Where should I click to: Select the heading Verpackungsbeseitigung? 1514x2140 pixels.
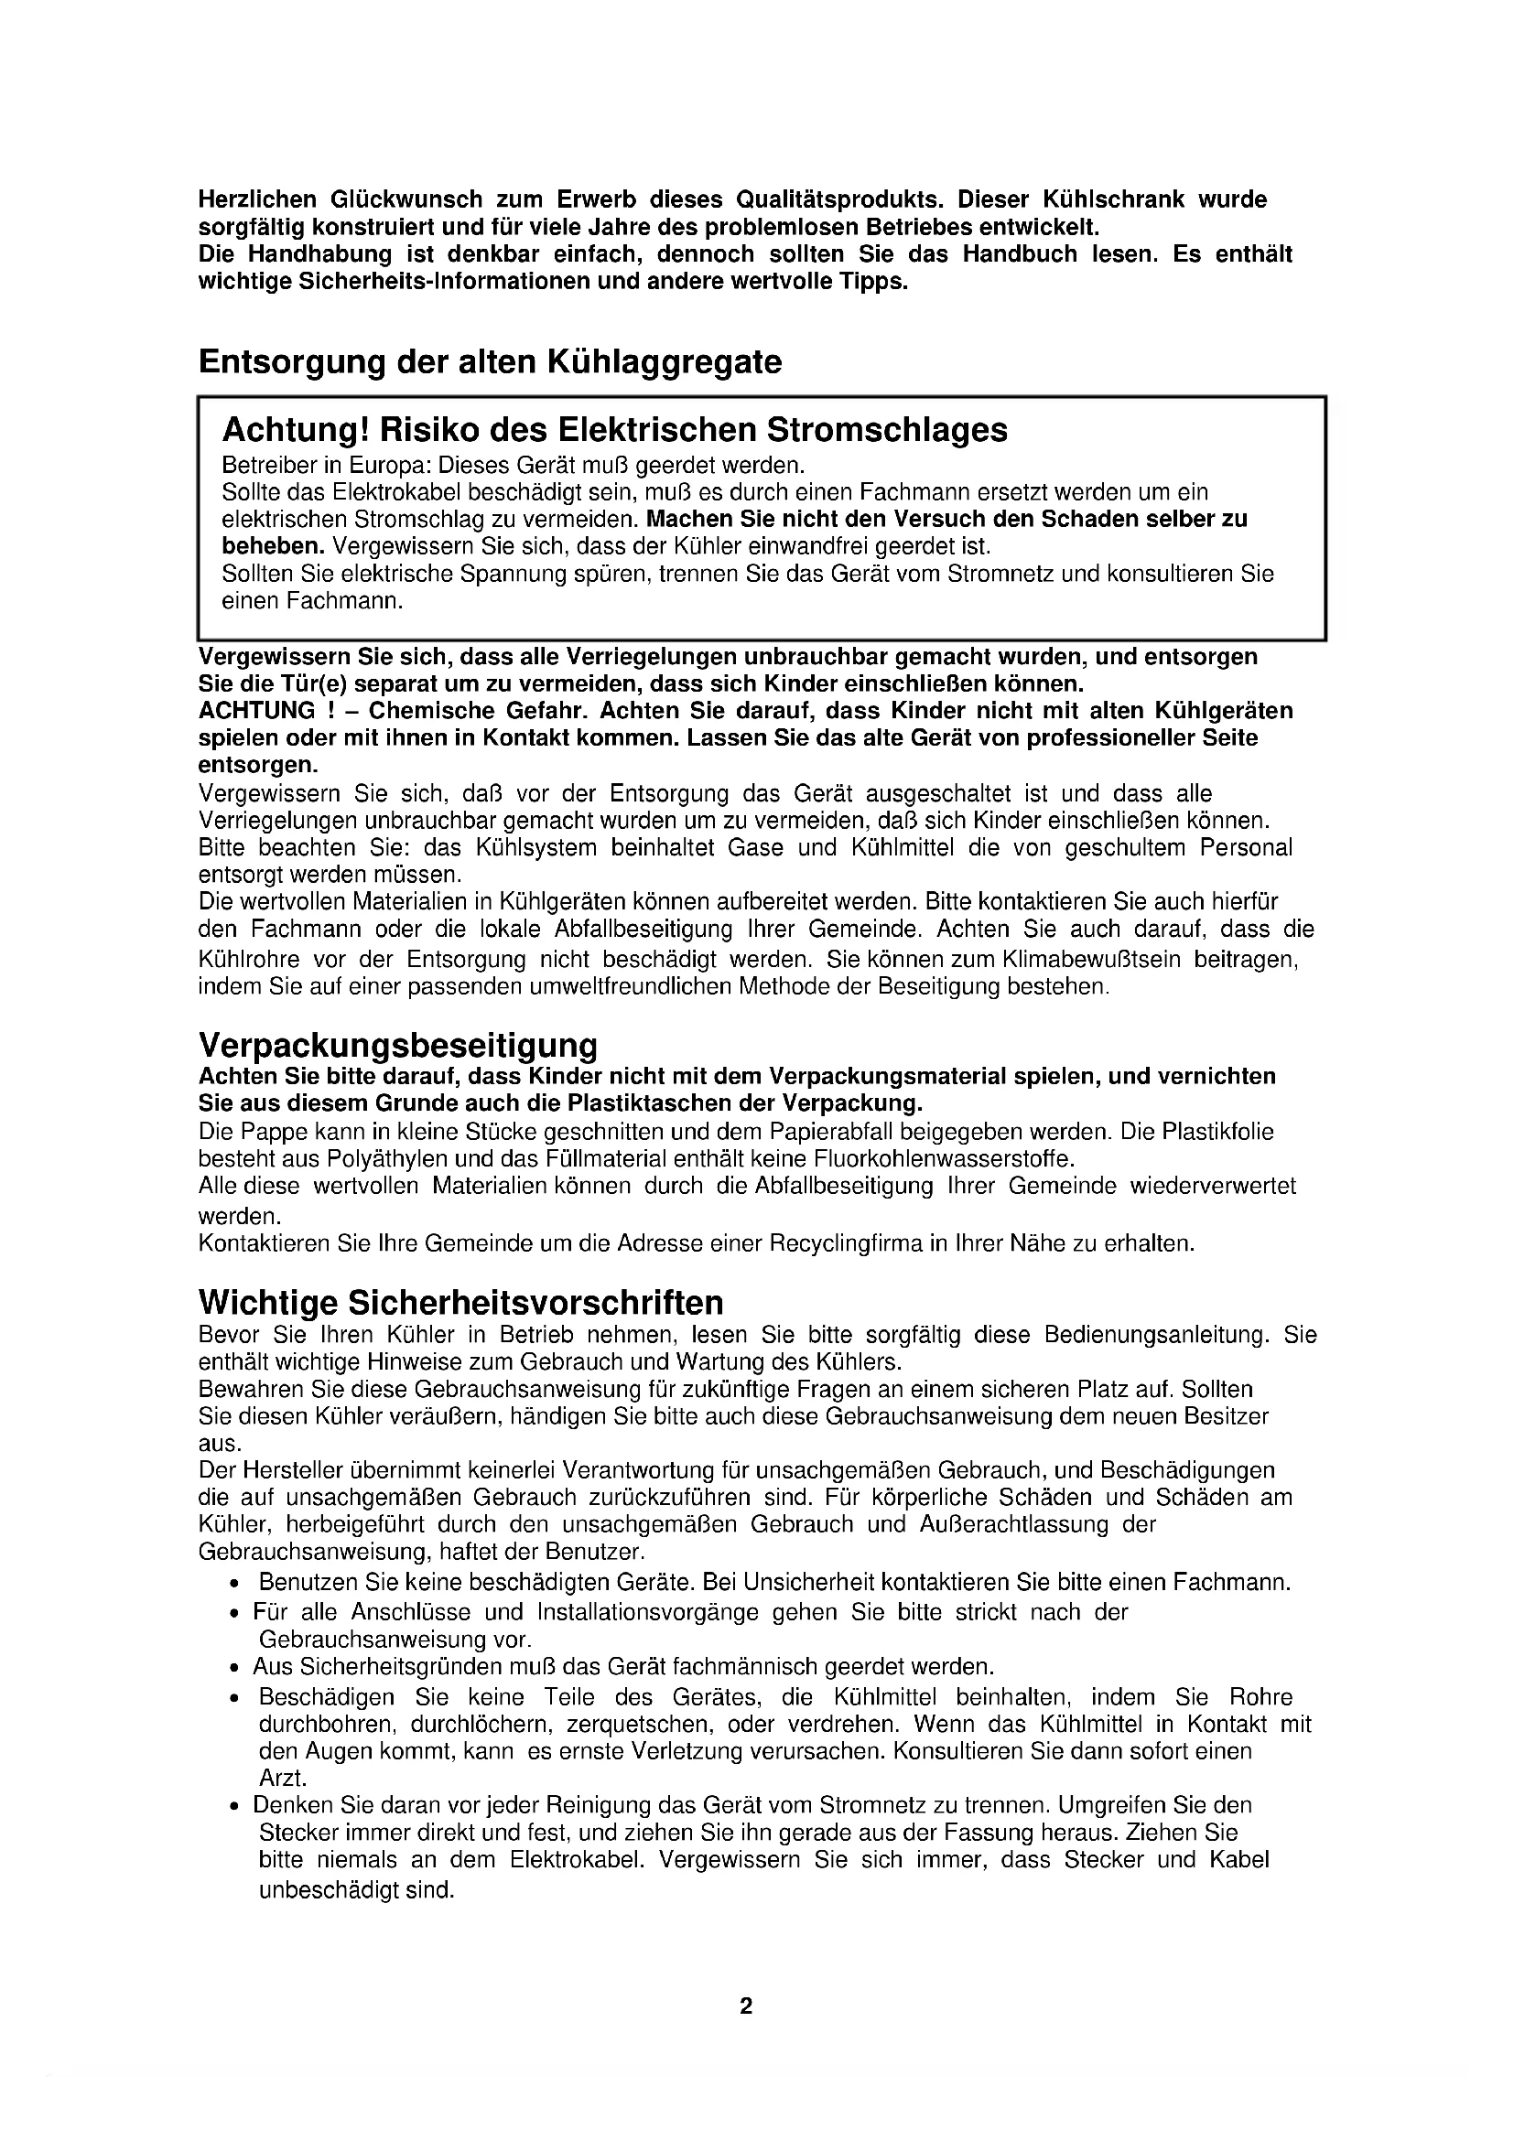coord(398,1044)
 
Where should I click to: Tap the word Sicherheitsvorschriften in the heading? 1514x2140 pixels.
coord(536,1301)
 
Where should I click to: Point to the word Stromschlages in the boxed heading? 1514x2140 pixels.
coord(887,430)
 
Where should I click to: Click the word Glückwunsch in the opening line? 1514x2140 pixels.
coord(405,199)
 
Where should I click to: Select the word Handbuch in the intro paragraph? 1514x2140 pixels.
coord(1020,253)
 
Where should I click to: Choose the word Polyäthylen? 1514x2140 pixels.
coord(384,1159)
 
